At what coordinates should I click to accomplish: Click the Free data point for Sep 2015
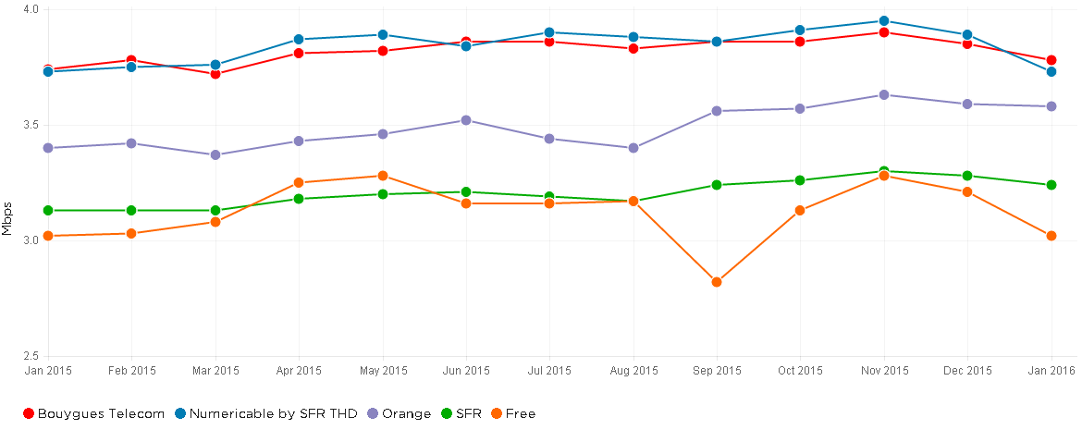(x=717, y=282)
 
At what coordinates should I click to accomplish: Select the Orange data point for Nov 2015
(x=884, y=94)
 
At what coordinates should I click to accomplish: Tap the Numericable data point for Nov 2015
(x=884, y=20)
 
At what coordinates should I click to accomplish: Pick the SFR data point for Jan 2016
(x=1051, y=185)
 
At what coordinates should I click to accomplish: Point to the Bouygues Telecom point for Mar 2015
(x=215, y=74)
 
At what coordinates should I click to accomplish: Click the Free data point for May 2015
(x=382, y=176)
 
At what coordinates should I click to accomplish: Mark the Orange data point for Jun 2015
(x=466, y=120)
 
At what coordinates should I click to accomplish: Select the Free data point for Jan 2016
(x=1051, y=236)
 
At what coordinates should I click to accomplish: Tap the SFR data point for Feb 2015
(x=131, y=210)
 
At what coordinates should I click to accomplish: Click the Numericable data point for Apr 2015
(x=299, y=39)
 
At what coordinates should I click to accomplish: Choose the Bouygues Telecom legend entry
(x=92, y=413)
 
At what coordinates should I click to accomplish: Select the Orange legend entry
(x=400, y=413)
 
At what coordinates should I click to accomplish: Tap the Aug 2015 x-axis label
(x=633, y=371)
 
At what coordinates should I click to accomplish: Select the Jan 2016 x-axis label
(x=1051, y=371)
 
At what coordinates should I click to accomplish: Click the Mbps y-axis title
(x=7, y=218)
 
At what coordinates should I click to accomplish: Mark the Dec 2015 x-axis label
(x=967, y=371)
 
